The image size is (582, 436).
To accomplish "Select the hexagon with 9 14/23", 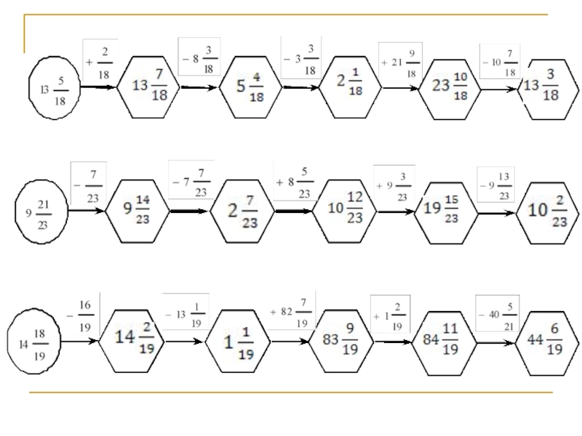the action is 137,211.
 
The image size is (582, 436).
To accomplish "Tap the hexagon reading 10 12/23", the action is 345,211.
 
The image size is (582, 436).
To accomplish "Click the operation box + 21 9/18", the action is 399,62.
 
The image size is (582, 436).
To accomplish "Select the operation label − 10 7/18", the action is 499,62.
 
